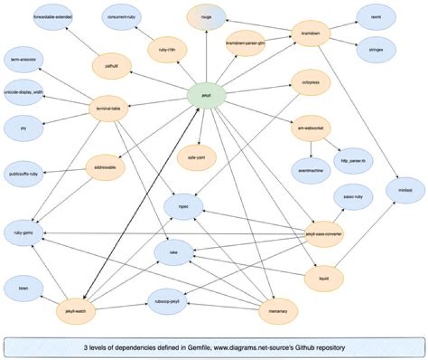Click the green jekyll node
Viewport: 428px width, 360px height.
206,95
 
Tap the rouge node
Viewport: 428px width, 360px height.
206,16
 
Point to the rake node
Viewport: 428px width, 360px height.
174,252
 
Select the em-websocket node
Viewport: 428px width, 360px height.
310,127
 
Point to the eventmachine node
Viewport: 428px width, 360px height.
310,169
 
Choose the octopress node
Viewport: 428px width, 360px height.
311,83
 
